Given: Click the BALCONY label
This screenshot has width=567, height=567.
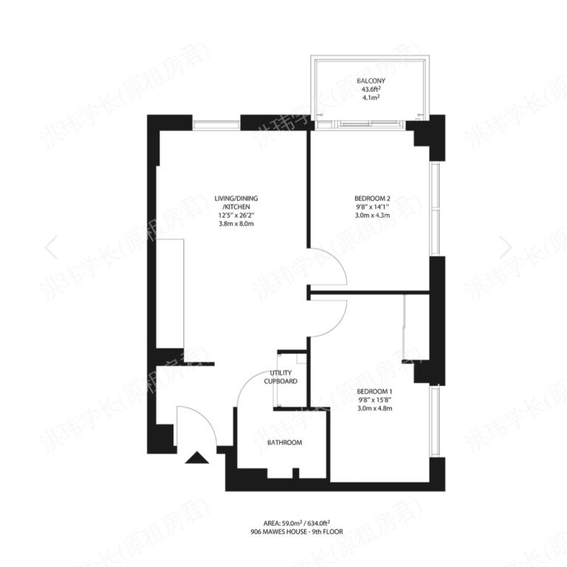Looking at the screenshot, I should pyautogui.click(x=371, y=80).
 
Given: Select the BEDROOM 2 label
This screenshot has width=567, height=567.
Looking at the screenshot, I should pyautogui.click(x=372, y=198).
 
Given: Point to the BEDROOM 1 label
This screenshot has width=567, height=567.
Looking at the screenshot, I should pyautogui.click(x=374, y=391).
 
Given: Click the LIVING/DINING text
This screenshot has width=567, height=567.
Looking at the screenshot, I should pyautogui.click(x=236, y=199).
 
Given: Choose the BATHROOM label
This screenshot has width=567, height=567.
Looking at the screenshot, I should pyautogui.click(x=284, y=442).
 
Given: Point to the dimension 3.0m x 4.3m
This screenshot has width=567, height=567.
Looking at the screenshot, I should pyautogui.click(x=372, y=216).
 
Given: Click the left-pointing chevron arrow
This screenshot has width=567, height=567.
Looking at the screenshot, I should pyautogui.click(x=52, y=247).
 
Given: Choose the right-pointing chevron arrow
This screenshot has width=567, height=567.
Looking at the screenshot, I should pyautogui.click(x=505, y=247).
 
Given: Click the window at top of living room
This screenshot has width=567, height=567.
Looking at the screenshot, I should pyautogui.click(x=216, y=123).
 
